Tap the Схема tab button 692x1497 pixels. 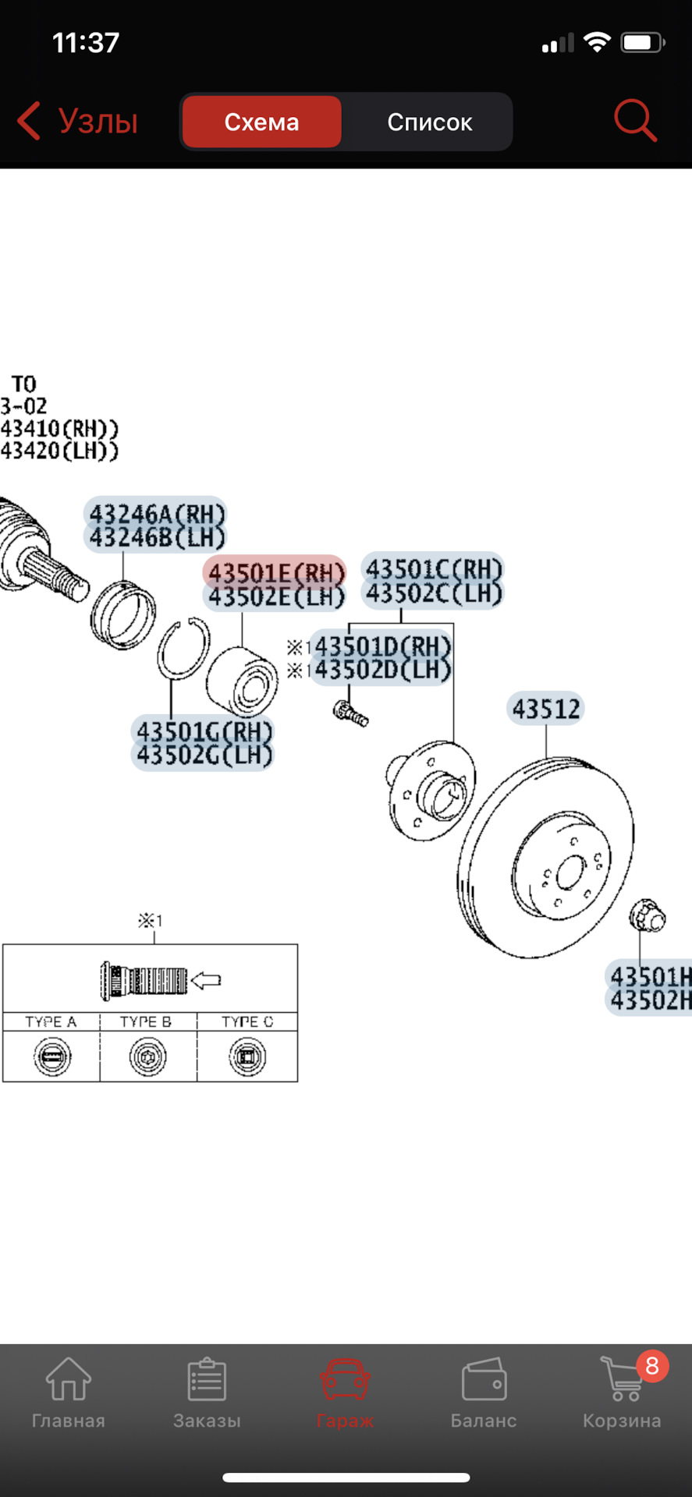pos(261,122)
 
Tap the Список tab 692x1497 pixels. pos(429,122)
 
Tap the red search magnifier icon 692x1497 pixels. pos(635,121)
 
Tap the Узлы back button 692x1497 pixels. pos(78,122)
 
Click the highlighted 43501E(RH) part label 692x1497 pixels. pos(275,573)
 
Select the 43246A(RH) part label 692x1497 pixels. pos(156,514)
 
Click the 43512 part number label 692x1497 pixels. pos(546,709)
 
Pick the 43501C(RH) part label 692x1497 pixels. pos(434,568)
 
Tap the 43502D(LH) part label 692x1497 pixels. pos(382,671)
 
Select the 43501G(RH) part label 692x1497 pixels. pos(204,731)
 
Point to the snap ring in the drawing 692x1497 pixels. pos(183,648)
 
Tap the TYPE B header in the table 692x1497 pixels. pos(146,1021)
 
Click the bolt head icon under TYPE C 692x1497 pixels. pos(247,1057)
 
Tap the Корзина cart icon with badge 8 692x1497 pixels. pos(622,1378)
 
